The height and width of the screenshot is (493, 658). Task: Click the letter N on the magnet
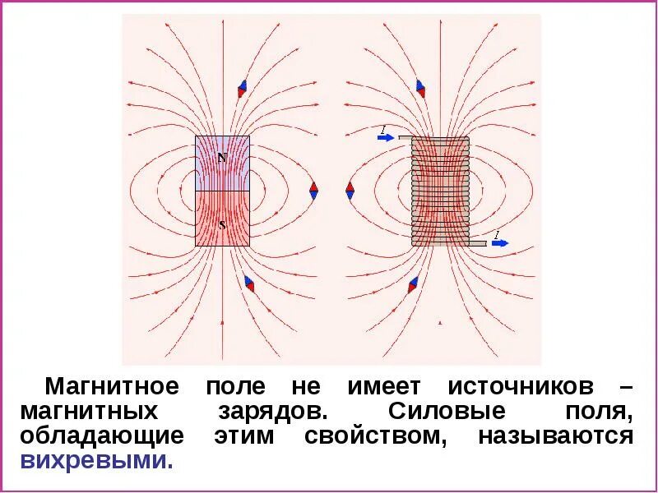(x=221, y=156)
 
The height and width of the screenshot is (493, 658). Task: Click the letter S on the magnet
(x=221, y=223)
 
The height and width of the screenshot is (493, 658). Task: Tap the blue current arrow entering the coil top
(x=386, y=137)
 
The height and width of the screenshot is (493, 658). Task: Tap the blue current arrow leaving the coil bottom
(x=500, y=243)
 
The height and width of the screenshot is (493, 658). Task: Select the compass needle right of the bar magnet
(x=313, y=190)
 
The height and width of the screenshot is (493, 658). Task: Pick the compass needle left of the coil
(x=350, y=190)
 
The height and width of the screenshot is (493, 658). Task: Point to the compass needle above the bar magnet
(x=242, y=89)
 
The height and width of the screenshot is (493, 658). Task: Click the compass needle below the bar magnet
(x=249, y=284)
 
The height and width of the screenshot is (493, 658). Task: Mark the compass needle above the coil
(x=420, y=89)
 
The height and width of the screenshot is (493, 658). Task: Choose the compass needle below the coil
(x=413, y=285)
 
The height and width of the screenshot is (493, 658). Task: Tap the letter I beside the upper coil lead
(x=383, y=129)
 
